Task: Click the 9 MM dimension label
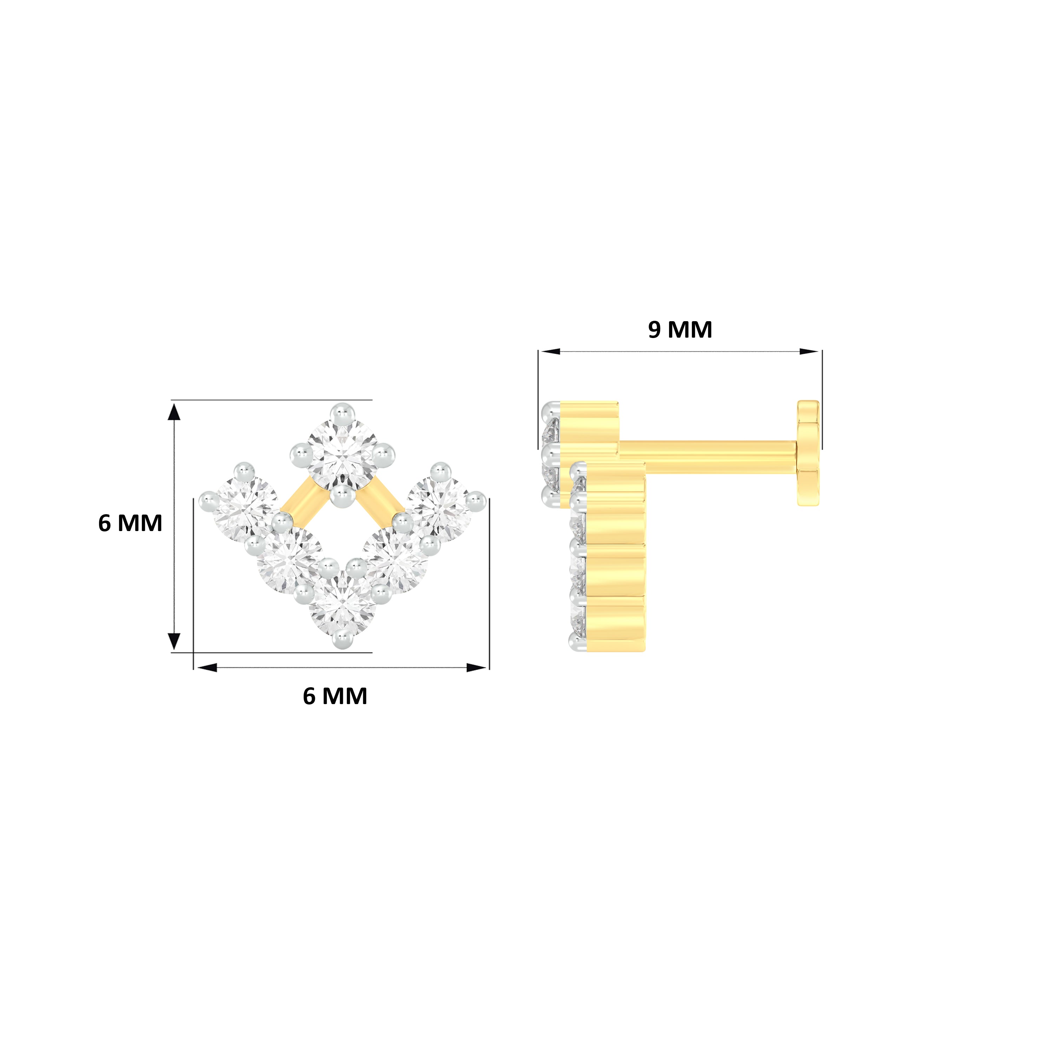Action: (680, 330)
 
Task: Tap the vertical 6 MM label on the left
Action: (130, 523)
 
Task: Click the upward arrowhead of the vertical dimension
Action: (173, 411)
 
